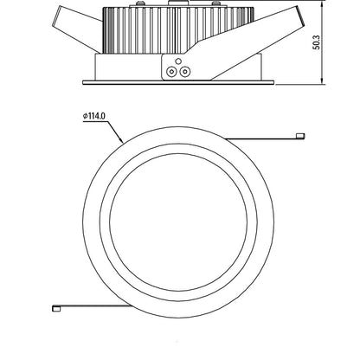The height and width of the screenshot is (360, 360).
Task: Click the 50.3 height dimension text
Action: (317, 42)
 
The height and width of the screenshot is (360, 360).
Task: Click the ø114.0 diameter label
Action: (94, 116)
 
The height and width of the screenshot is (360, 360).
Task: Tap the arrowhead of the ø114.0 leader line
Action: (122, 141)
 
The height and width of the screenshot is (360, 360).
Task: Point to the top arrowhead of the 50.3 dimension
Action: (322, 3)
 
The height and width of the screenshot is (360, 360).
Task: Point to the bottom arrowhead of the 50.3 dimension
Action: (322, 81)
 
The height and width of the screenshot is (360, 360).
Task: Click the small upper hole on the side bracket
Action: (178, 61)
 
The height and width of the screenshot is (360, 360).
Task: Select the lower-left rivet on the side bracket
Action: (171, 72)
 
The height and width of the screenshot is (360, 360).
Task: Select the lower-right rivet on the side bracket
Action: (184, 72)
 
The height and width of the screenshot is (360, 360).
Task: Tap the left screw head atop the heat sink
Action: (140, 3)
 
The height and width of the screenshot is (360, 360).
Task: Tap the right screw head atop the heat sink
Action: (215, 3)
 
